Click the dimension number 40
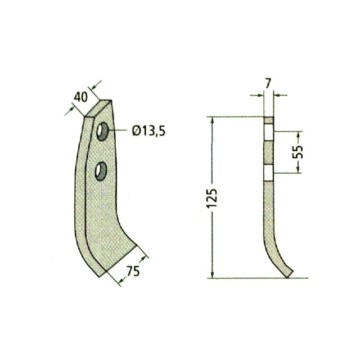(x=80, y=97)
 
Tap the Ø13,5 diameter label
(x=148, y=131)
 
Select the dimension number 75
(x=133, y=271)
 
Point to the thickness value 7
(x=268, y=83)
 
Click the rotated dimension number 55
(x=298, y=152)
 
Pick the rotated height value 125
(x=211, y=199)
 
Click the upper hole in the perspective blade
(x=102, y=131)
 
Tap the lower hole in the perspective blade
(x=101, y=171)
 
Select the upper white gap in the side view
(x=268, y=132)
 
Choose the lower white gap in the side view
(x=268, y=173)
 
